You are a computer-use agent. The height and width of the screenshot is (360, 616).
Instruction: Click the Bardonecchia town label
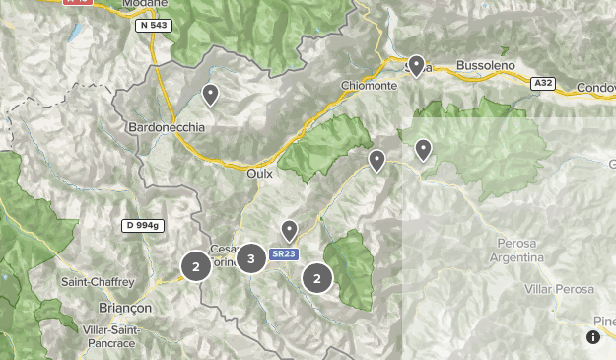point(167,128)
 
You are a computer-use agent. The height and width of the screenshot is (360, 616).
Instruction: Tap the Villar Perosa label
point(560,289)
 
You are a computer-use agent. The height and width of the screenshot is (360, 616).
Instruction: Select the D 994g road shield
point(142,226)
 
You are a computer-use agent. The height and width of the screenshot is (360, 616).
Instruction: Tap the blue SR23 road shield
point(284,254)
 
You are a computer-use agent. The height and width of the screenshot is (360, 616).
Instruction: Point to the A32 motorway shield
point(542,84)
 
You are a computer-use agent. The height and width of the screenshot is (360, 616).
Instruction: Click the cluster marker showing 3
point(251,259)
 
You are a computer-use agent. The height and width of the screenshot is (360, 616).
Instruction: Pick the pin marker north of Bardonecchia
point(210,95)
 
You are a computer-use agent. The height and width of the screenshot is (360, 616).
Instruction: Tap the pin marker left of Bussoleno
point(417,66)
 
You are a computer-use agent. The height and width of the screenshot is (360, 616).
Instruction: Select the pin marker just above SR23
point(289,231)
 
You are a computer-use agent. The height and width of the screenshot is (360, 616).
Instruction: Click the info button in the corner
point(593,337)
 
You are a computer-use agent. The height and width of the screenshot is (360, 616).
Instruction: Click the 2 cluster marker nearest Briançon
point(196,266)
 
